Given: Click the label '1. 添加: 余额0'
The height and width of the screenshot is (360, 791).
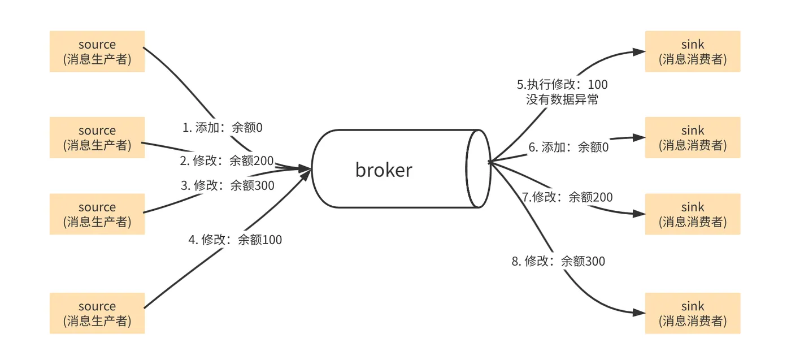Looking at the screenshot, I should point(223,128).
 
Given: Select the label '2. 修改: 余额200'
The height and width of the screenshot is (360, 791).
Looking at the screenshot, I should point(227,161).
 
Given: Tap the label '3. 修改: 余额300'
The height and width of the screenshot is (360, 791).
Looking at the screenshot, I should point(227,185).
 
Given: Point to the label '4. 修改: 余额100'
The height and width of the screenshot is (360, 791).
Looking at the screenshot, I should point(235,240).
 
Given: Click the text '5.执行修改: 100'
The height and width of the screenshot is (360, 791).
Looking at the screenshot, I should point(562,85).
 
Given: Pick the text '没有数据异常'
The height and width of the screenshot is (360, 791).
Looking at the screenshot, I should point(562,99).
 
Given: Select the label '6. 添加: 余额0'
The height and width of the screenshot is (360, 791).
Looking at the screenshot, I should point(568,148).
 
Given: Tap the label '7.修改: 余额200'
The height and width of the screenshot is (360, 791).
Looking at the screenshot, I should point(567,197).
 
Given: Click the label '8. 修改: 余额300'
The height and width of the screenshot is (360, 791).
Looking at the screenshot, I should point(558,261).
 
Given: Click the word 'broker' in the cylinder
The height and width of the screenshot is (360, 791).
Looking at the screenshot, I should point(384,170).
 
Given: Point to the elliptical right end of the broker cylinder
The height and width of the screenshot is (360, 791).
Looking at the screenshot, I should point(477,168).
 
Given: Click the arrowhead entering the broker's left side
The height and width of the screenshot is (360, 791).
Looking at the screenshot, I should point(305,168).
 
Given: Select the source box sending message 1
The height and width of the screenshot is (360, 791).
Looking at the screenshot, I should point(97,51).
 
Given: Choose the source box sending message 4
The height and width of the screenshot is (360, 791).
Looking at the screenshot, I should point(97,313).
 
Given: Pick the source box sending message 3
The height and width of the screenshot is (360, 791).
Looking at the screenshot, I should point(97,214).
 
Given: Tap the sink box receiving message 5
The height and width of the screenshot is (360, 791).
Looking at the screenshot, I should point(692,51).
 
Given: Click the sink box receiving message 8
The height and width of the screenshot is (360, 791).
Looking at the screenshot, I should point(692,313).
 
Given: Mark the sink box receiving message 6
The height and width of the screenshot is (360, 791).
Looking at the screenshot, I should point(692,137).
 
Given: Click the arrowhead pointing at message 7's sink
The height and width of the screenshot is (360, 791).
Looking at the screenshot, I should point(639,214).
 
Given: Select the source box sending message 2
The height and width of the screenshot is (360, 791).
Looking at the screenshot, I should point(97,137).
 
